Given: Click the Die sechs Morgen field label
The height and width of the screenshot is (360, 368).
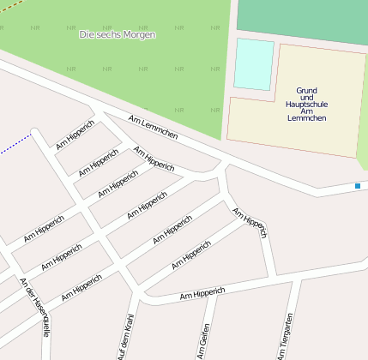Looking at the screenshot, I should pos(118,34).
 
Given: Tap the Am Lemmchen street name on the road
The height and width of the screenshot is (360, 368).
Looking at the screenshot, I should pos(153,129).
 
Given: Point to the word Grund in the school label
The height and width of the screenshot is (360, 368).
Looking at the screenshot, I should pos(307,90).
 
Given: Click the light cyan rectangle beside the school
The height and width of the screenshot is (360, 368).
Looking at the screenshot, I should pos(254,63).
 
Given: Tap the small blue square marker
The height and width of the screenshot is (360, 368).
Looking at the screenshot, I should pos(358,186).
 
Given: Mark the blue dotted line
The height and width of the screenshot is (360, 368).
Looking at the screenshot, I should pos(15,145).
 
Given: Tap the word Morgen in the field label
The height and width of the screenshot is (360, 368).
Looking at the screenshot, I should pos(140,34).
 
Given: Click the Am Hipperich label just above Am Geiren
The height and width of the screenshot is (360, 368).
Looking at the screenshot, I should pos(207,295).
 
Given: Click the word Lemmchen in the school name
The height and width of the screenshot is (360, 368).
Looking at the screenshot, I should pos(307,117).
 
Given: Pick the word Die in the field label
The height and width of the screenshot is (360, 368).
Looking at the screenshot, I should pos(86,34).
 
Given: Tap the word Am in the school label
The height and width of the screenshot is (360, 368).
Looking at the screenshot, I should pos(307,111).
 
